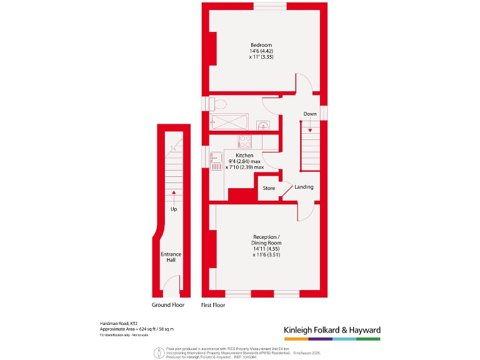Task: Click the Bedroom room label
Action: [261, 45]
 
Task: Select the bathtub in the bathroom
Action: [231, 122]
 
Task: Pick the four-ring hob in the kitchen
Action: [244, 141]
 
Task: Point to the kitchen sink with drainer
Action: [216, 162]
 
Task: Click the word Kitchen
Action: [244, 155]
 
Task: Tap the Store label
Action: [268, 187]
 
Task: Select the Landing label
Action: [304, 187]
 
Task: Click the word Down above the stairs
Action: [310, 114]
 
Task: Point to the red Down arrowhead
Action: [310, 129]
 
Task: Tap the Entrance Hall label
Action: [171, 257]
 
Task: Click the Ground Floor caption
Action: [169, 305]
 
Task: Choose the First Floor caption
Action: [213, 305]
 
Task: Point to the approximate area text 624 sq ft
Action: [137, 329]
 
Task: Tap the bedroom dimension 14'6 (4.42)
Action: [261, 51]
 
